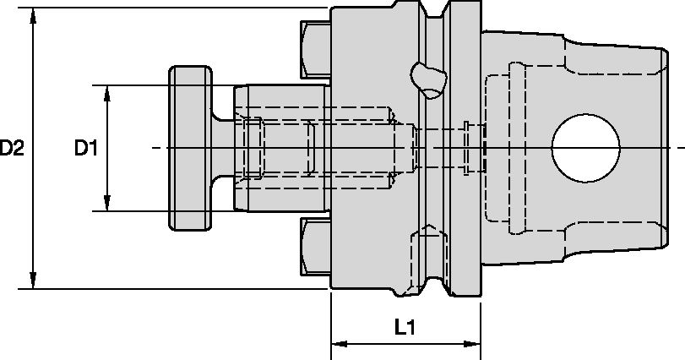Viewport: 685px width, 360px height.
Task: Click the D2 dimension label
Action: click(x=12, y=149)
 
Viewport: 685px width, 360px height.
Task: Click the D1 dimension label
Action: click(x=86, y=149)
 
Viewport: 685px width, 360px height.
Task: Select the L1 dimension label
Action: click(x=405, y=326)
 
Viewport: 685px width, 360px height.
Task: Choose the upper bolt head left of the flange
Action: click(x=315, y=49)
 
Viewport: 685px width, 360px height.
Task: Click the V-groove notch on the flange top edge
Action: click(x=435, y=17)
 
